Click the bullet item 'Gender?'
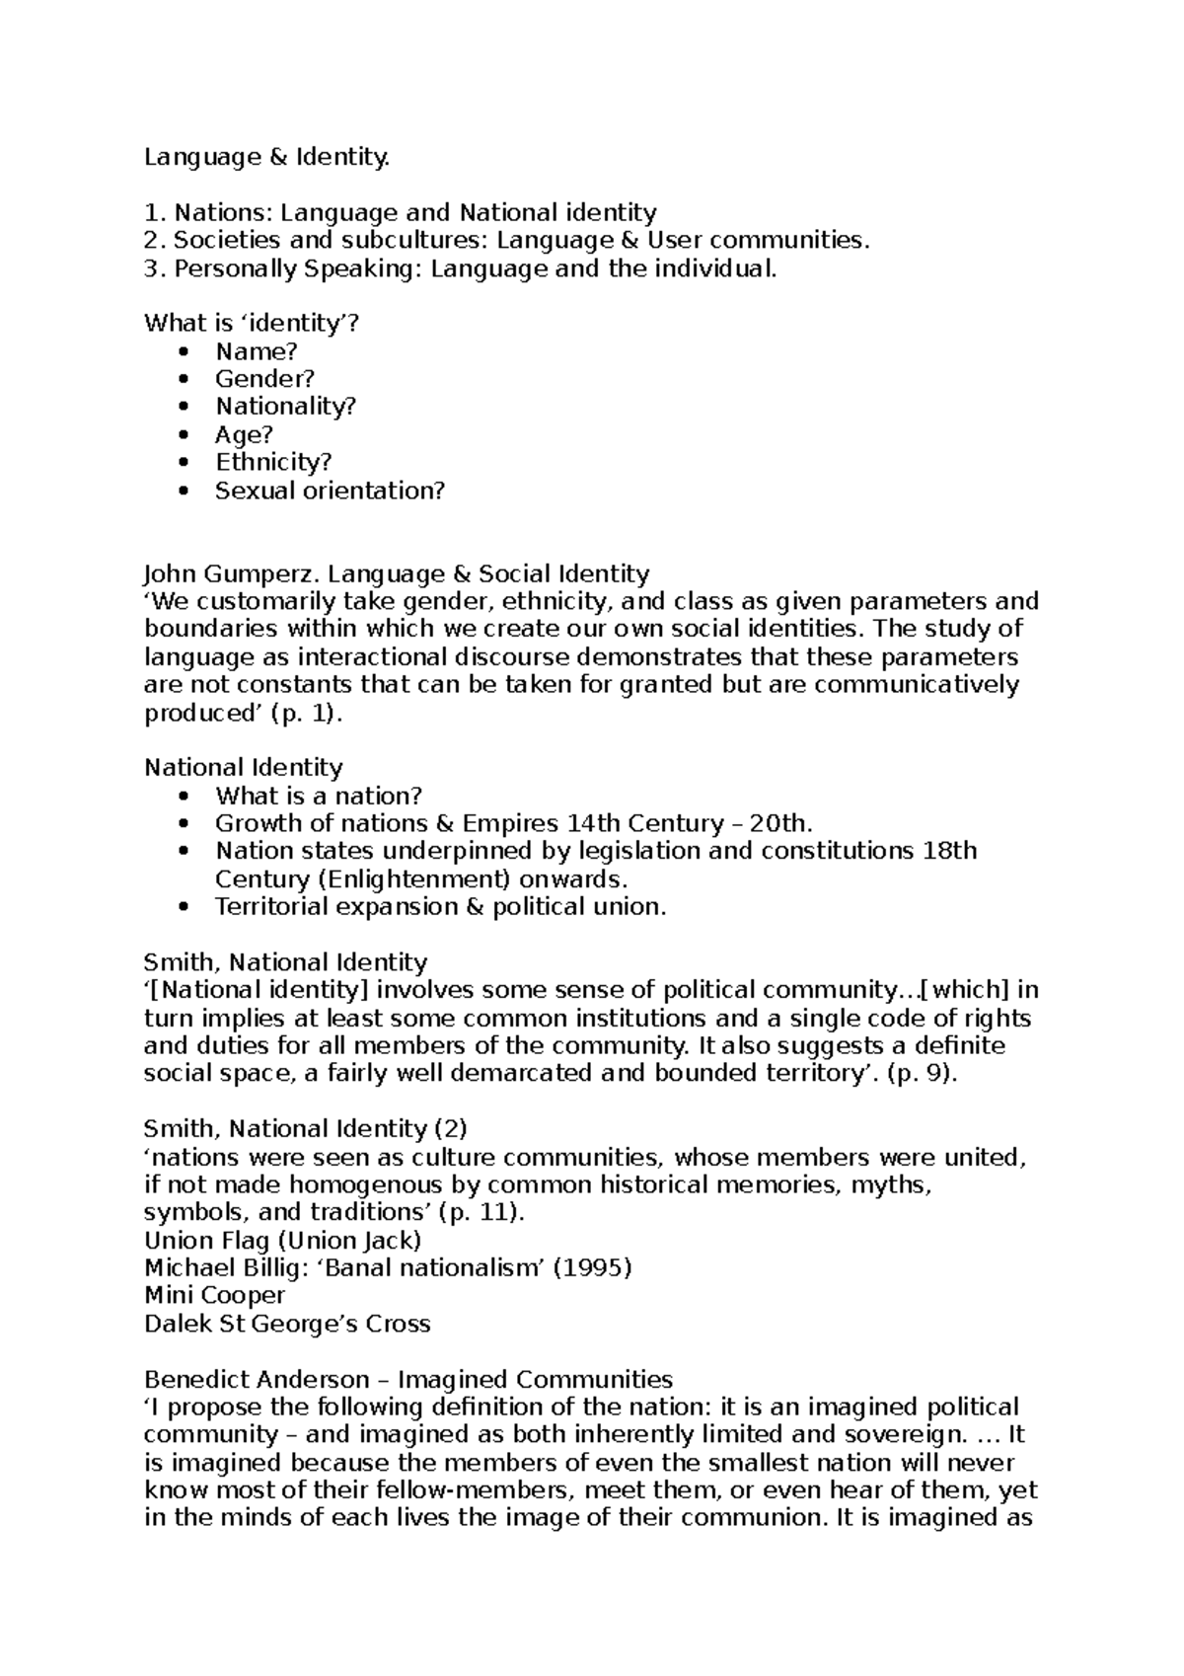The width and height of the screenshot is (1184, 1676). coord(264,378)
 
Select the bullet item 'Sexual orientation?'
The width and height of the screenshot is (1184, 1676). coord(330,490)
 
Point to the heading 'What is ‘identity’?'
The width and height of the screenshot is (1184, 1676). coord(246,322)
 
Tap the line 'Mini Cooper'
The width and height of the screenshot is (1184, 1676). coord(214,1295)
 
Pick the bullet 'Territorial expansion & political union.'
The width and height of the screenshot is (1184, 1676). coord(441,906)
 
